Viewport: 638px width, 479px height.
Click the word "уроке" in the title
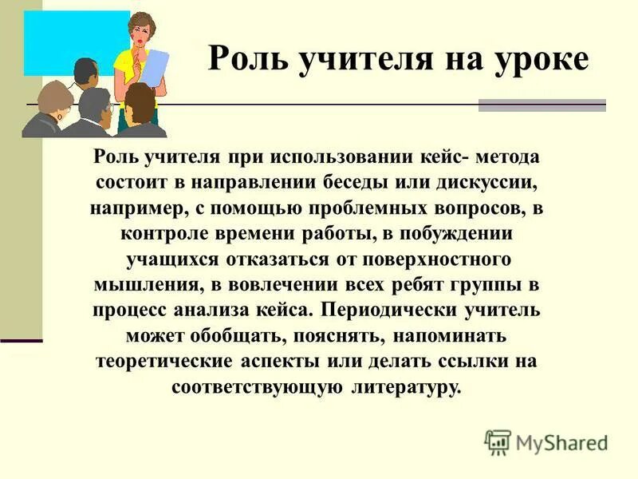[x=539, y=59]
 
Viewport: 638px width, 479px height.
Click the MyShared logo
[x=546, y=441]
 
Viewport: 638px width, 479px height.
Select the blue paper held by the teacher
[x=155, y=73]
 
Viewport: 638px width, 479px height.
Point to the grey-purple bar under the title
[x=542, y=105]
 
